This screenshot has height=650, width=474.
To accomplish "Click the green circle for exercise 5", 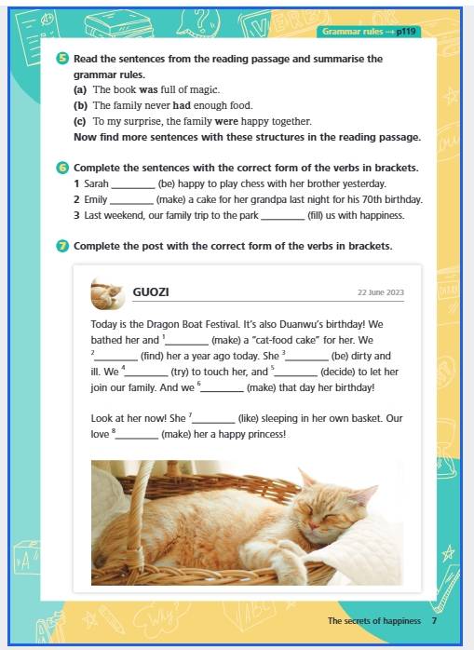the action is click(x=62, y=59).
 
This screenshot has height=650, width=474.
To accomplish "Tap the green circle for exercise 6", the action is click(x=62, y=168).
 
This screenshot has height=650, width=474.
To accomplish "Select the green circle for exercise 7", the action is click(x=62, y=246).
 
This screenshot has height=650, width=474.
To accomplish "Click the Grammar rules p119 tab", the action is click(x=369, y=32).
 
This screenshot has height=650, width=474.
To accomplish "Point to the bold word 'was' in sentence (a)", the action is click(x=148, y=89).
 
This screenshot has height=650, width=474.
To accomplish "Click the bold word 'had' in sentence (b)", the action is click(x=182, y=105).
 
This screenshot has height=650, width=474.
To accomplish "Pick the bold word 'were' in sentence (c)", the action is click(x=226, y=121).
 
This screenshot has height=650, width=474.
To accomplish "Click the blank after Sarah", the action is click(x=133, y=187).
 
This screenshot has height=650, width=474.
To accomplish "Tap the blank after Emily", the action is click(x=131, y=203).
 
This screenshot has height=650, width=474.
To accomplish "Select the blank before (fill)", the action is click(x=283, y=219).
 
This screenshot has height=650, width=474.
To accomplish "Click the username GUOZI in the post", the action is click(x=151, y=291).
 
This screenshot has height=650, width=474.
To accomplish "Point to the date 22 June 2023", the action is click(x=381, y=292).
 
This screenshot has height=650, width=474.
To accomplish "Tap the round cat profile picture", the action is click(x=108, y=293).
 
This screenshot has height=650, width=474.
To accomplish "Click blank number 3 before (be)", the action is click(x=307, y=359).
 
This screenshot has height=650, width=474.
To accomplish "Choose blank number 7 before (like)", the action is click(x=213, y=422).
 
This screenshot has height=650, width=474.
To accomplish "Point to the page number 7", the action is click(x=434, y=620).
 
